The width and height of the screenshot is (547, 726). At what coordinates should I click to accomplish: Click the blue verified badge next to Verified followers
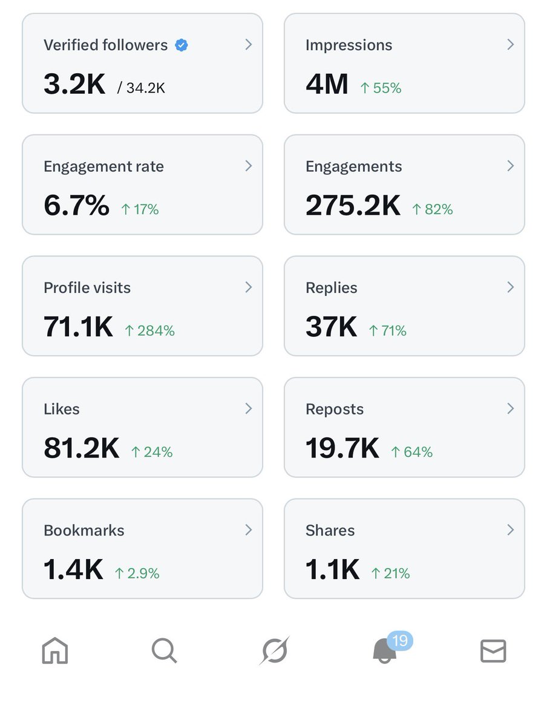pyautogui.click(x=181, y=45)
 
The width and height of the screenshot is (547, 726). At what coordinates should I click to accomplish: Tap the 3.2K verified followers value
pyautogui.click(x=74, y=84)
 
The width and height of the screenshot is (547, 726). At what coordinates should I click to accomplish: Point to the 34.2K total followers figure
pyautogui.click(x=141, y=88)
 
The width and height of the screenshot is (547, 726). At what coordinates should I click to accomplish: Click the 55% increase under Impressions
pyautogui.click(x=381, y=88)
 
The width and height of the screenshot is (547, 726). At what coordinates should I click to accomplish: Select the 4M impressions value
pyautogui.click(x=327, y=84)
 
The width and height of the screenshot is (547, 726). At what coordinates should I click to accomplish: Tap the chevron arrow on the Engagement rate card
pyautogui.click(x=248, y=166)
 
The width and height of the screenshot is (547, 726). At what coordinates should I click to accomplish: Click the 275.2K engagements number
pyautogui.click(x=353, y=206)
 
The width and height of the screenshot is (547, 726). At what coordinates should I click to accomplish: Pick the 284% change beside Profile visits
pyautogui.click(x=149, y=331)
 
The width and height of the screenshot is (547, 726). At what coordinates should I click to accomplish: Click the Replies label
pyautogui.click(x=331, y=288)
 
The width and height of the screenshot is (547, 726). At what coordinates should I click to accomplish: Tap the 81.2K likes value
pyautogui.click(x=81, y=448)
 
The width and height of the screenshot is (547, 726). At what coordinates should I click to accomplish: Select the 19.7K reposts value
pyautogui.click(x=342, y=448)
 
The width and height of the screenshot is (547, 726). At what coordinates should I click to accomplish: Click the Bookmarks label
pyautogui.click(x=84, y=531)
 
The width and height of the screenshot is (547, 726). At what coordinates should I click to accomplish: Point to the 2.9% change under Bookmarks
pyautogui.click(x=137, y=574)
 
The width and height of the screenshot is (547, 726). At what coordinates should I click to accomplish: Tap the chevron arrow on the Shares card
pyautogui.click(x=510, y=530)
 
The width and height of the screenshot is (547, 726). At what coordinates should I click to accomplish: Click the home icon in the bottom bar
pyautogui.click(x=54, y=652)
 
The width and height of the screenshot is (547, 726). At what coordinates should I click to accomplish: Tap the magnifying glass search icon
pyautogui.click(x=164, y=652)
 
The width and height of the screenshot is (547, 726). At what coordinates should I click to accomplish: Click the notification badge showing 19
pyautogui.click(x=399, y=641)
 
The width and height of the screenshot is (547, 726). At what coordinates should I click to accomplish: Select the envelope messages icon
pyautogui.click(x=493, y=652)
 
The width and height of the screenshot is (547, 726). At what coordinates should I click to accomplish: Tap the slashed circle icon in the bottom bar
pyautogui.click(x=274, y=652)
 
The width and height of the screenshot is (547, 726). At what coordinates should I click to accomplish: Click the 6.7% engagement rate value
pyautogui.click(x=76, y=206)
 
